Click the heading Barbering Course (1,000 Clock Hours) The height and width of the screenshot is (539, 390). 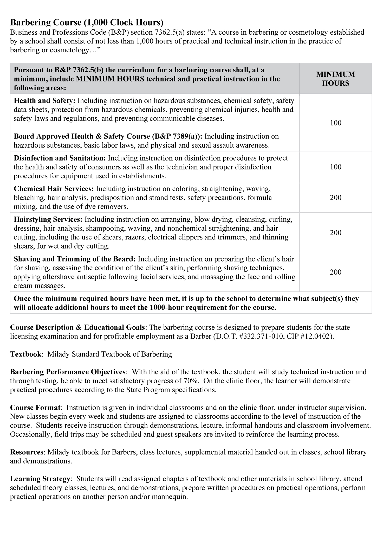coord(87,23)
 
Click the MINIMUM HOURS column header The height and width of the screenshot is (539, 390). coord(335,79)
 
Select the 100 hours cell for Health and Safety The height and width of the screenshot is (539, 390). coord(335,123)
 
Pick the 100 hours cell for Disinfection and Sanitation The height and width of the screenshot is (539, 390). coord(335,167)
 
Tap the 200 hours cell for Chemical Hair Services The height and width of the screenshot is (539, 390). coord(335,198)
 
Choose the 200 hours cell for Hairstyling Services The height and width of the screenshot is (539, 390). coord(335,233)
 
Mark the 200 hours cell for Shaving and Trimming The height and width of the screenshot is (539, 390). coord(335,272)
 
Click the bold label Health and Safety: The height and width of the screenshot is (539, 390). coord(44,101)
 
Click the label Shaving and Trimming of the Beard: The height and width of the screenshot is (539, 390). coord(75,259)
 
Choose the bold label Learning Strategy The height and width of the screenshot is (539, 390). coord(40,479)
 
